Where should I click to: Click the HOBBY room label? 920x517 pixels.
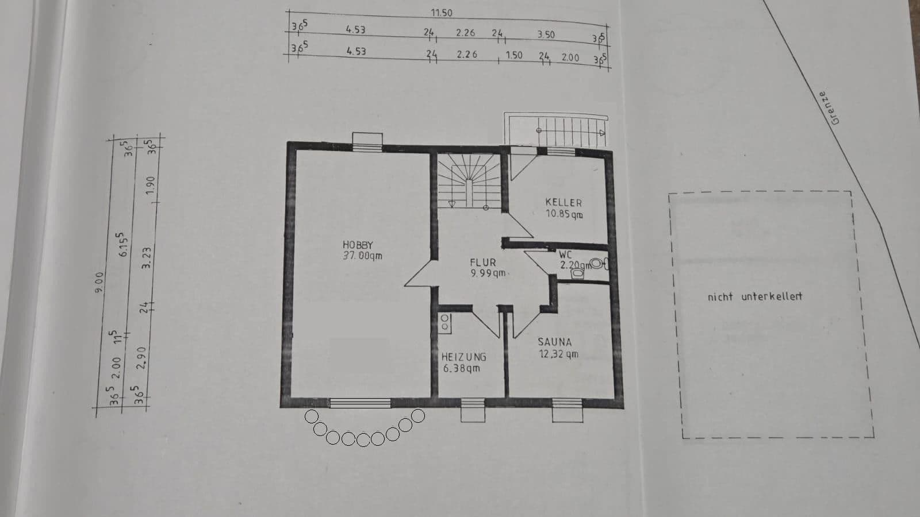(x=358, y=245)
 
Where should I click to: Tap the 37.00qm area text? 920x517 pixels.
(x=362, y=256)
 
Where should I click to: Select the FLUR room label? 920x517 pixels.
(x=482, y=263)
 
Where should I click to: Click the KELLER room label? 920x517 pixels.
(x=563, y=203)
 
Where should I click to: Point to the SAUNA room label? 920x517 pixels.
(x=555, y=342)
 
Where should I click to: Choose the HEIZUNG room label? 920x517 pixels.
(x=463, y=357)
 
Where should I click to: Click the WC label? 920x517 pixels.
(x=565, y=254)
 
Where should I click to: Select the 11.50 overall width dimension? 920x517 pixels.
(x=442, y=13)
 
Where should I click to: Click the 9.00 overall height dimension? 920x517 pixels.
(x=99, y=282)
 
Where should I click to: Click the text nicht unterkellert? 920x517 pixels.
(x=754, y=297)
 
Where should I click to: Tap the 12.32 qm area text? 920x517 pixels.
(x=558, y=354)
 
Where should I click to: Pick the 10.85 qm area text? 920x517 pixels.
(x=564, y=214)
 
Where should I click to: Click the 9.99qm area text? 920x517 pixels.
(x=488, y=273)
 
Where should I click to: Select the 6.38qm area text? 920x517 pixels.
(x=461, y=368)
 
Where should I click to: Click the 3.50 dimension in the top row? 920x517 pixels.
(x=546, y=34)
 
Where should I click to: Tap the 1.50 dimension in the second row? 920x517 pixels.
(x=513, y=55)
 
